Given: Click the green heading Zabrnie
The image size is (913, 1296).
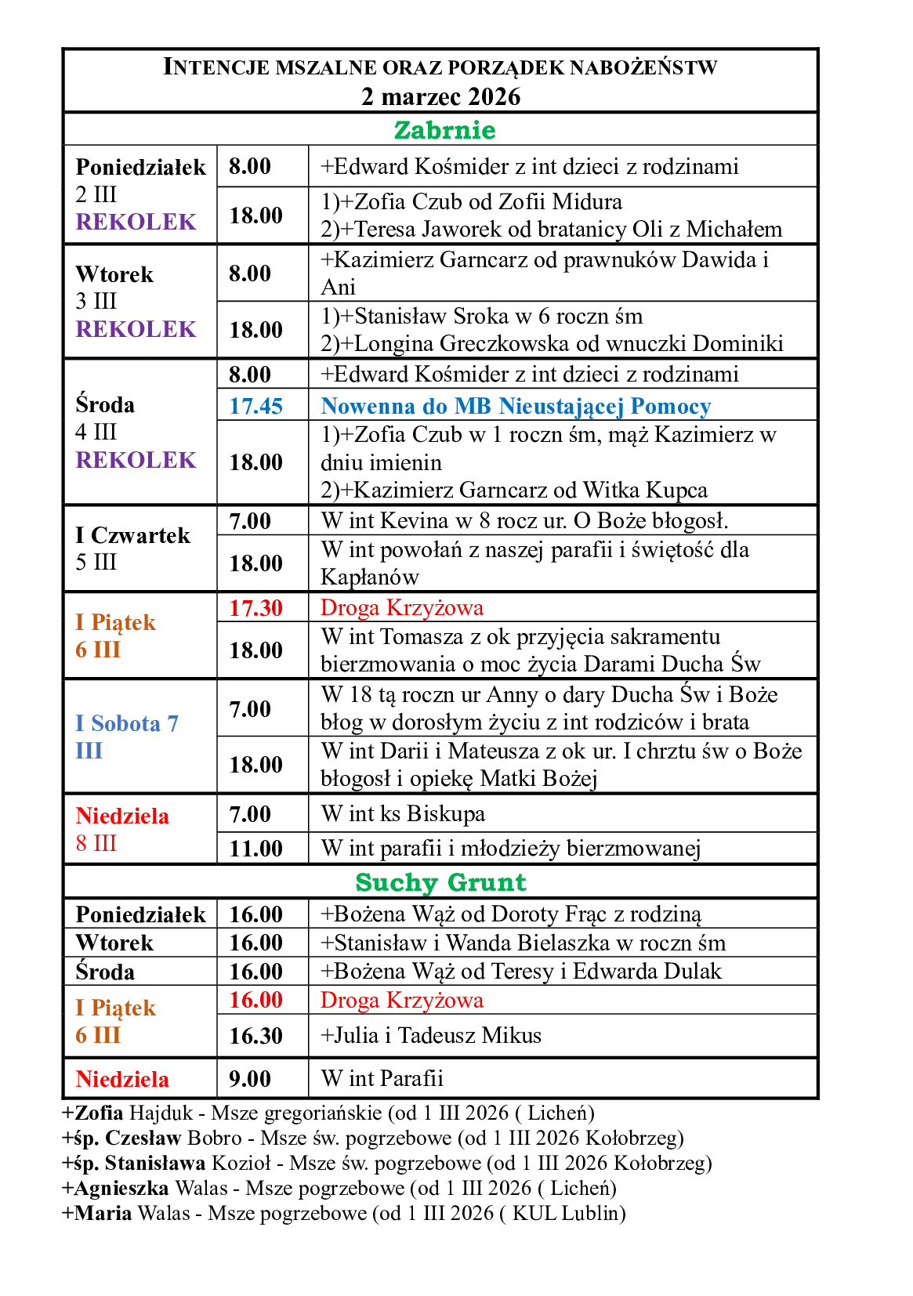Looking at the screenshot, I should click(x=444, y=130).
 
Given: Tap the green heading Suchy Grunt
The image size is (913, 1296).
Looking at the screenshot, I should click(x=440, y=882).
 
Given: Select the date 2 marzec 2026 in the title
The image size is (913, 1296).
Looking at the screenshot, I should click(x=440, y=96).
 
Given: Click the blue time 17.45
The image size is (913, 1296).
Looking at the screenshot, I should click(x=255, y=406).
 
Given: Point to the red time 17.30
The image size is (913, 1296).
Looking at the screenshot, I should click(x=255, y=608).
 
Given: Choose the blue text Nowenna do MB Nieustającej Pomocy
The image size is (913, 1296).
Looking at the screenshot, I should click(x=516, y=406).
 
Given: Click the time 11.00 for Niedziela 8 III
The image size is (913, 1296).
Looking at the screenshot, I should click(x=255, y=849).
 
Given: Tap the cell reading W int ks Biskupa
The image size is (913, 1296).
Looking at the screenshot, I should click(x=403, y=814).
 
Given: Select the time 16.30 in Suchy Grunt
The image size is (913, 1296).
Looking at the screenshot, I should click(x=255, y=1036).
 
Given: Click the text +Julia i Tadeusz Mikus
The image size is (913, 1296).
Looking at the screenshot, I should click(x=431, y=1036).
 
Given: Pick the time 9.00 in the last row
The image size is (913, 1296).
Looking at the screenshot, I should click(x=250, y=1079).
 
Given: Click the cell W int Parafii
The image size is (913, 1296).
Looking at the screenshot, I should click(x=382, y=1079).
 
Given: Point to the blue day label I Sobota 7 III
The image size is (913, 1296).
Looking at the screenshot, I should click(x=127, y=737).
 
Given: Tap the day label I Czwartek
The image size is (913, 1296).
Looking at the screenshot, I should click(x=132, y=536).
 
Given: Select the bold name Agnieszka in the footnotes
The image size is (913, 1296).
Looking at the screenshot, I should click(x=121, y=1189).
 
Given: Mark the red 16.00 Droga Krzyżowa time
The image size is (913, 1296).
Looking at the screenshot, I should click(x=255, y=1000).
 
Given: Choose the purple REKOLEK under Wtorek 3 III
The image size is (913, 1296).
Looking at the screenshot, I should click(x=136, y=329).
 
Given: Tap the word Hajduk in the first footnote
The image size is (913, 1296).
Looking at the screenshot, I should click(x=161, y=1113).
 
